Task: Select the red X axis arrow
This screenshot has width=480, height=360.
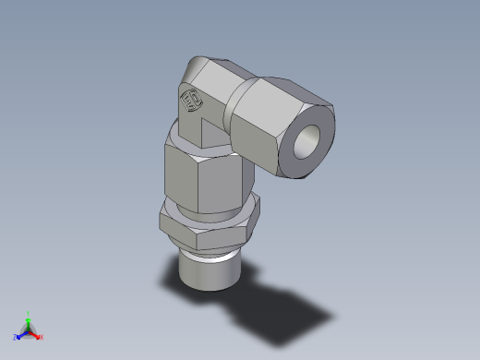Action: (x=36, y=335)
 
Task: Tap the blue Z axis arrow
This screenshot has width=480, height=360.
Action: (x=20, y=335)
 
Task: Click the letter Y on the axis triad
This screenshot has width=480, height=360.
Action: (x=29, y=313)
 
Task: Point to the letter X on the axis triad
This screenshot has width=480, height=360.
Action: (x=42, y=338)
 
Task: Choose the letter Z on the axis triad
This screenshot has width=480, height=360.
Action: (x=15, y=338)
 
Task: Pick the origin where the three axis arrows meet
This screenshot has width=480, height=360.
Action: (x=29, y=330)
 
